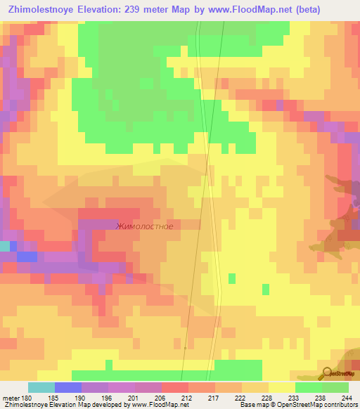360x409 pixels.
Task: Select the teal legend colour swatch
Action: [x=41, y=387]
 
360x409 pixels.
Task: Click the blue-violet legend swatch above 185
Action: [x=67, y=387]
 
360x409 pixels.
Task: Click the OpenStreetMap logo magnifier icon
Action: [x=326, y=373]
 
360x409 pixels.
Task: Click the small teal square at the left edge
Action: [x=4, y=246]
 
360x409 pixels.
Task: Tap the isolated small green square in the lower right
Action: [x=265, y=288]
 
